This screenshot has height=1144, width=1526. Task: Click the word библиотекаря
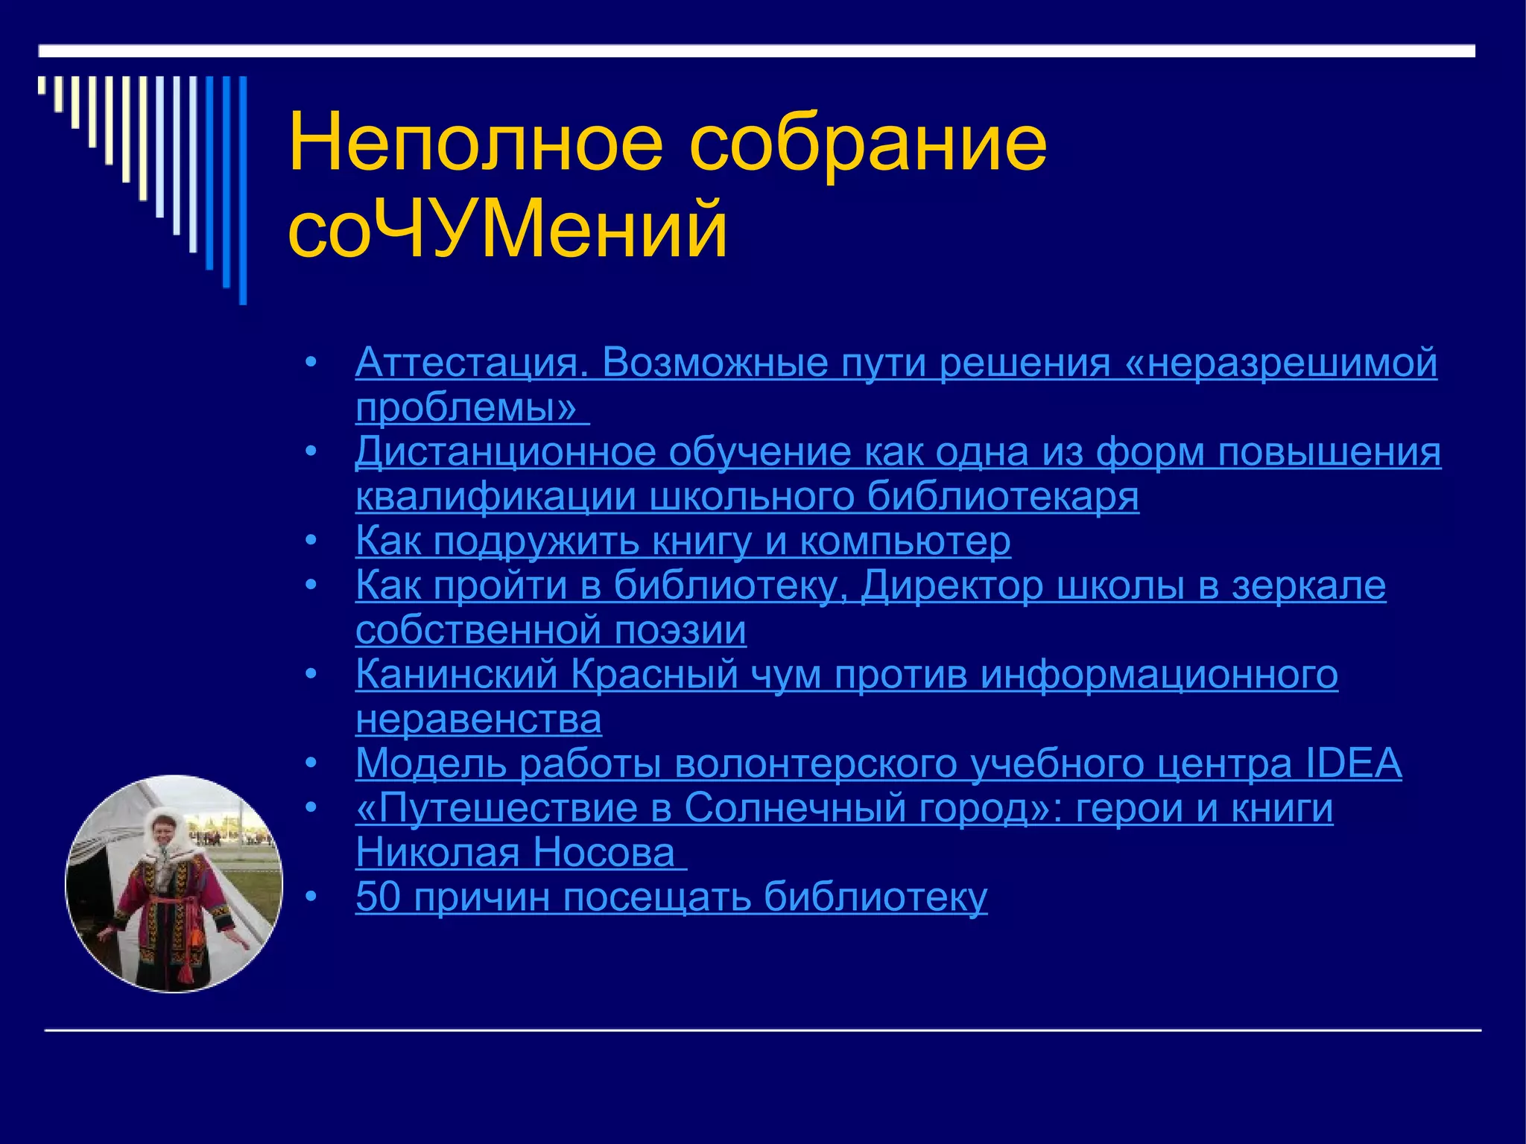point(1002,497)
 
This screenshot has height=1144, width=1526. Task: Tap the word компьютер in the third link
point(905,541)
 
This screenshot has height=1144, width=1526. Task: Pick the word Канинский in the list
point(456,675)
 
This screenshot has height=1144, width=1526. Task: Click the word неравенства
point(478,719)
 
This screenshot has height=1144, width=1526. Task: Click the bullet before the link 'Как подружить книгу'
point(311,541)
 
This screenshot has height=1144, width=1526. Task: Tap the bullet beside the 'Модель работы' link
point(311,764)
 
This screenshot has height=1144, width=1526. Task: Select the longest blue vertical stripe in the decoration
point(243,190)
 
